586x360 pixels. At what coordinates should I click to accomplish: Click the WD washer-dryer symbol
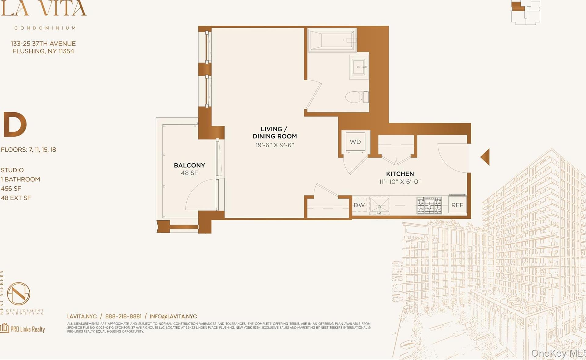[x=355, y=142]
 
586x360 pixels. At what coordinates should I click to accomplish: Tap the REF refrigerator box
[x=457, y=205]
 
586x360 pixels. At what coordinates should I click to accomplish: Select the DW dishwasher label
[x=359, y=205]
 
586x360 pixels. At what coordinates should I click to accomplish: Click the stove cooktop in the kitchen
[x=429, y=205]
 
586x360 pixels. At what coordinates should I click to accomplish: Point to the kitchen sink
[x=379, y=205]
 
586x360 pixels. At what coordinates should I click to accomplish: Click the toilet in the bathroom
[x=357, y=97]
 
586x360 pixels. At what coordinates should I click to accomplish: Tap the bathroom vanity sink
[x=358, y=67]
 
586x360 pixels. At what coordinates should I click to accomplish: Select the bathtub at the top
[x=332, y=40]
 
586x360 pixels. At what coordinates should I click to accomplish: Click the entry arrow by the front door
[x=485, y=157]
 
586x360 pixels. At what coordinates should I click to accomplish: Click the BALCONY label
[x=189, y=165]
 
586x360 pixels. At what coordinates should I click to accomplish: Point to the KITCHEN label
[x=400, y=174]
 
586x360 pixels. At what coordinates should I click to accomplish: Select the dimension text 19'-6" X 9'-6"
[x=275, y=145]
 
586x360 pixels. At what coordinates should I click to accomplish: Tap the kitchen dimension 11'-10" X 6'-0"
[x=400, y=182]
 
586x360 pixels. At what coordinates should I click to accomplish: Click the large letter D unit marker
[x=15, y=124]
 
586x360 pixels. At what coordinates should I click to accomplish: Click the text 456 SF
[x=11, y=189]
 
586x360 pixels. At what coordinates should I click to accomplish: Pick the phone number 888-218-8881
[x=123, y=316]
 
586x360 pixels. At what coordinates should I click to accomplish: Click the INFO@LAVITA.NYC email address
[x=173, y=316]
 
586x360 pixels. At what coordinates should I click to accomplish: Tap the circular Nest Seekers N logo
[x=19, y=293]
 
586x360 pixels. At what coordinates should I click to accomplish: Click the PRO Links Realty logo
[x=23, y=329]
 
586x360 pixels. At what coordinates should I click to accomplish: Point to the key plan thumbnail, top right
[x=526, y=12]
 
